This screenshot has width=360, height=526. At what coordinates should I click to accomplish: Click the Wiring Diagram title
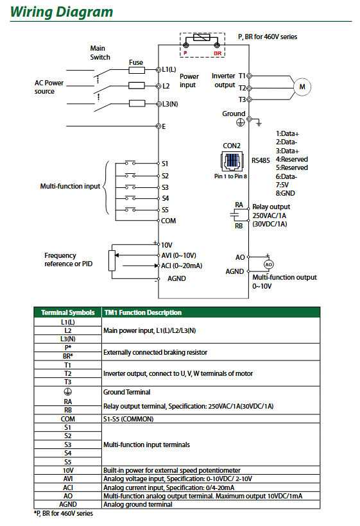click(62, 12)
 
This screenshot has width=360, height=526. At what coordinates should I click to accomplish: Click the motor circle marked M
click(301, 87)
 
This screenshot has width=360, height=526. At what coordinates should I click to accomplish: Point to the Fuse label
click(136, 63)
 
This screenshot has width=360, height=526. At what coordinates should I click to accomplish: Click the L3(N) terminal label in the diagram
click(171, 104)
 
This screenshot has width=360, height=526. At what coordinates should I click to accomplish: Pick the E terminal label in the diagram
click(164, 126)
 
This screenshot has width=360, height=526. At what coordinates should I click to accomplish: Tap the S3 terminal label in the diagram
click(166, 187)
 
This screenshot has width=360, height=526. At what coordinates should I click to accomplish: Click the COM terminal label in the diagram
click(168, 221)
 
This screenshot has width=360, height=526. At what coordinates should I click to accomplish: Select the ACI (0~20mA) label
click(182, 266)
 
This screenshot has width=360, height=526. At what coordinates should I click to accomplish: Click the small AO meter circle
click(269, 264)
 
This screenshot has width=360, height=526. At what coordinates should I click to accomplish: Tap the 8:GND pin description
click(286, 192)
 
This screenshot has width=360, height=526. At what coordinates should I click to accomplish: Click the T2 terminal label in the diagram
click(242, 87)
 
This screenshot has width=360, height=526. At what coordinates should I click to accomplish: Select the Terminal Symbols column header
click(67, 312)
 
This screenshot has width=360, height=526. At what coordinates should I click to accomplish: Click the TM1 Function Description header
click(142, 312)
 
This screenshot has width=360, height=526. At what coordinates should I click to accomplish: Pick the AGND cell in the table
click(67, 504)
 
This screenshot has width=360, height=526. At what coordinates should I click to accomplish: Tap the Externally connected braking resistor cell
click(155, 352)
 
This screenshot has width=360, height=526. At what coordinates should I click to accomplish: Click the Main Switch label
click(99, 53)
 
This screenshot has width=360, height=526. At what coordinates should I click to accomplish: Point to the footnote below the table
click(63, 514)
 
